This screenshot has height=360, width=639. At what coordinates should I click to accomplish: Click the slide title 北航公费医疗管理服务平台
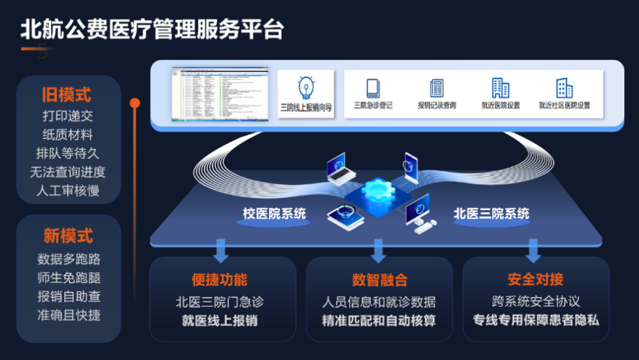click(x=151, y=30)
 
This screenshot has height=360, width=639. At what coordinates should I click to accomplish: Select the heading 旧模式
click(x=67, y=95)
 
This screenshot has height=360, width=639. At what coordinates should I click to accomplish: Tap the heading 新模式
click(x=68, y=237)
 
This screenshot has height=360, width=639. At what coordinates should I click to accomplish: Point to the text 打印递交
click(x=68, y=116)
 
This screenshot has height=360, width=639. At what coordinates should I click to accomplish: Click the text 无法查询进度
click(x=68, y=172)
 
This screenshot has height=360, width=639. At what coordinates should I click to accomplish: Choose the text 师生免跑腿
click(x=68, y=278)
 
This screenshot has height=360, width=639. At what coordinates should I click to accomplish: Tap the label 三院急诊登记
click(x=373, y=106)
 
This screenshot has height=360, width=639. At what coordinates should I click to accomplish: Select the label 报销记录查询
click(x=437, y=106)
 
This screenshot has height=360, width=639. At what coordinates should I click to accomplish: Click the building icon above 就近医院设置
click(x=500, y=88)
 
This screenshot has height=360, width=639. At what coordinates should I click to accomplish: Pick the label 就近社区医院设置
click(x=564, y=106)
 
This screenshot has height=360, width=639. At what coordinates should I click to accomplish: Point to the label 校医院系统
click(x=274, y=214)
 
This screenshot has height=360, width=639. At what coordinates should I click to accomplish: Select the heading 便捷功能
click(x=219, y=280)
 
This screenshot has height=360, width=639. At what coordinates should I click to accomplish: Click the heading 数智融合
click(x=379, y=280)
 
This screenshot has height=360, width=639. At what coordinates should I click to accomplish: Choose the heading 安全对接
click(x=536, y=280)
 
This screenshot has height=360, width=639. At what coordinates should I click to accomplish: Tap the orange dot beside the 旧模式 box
click(x=134, y=103)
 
